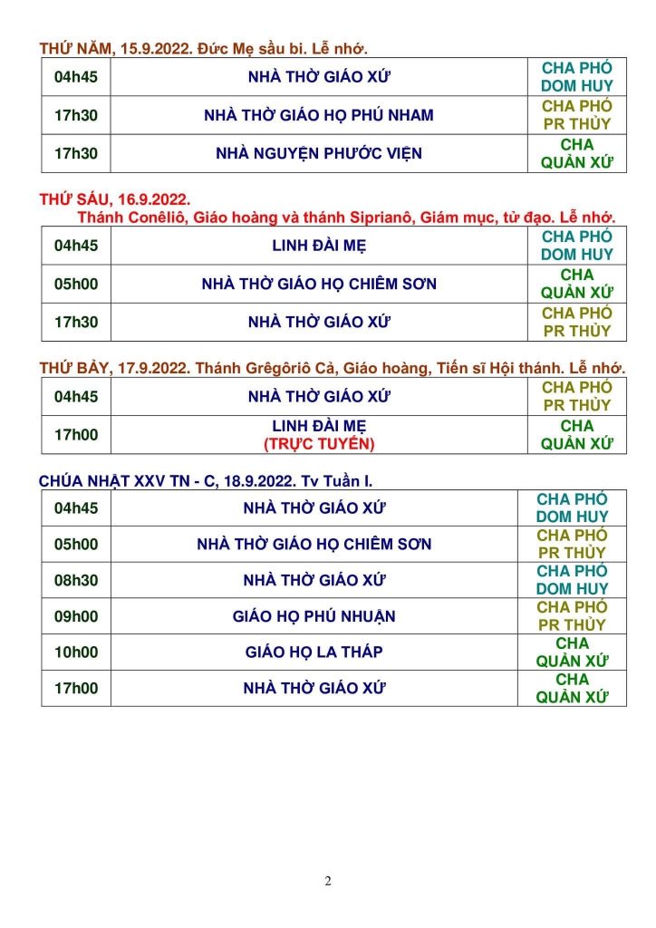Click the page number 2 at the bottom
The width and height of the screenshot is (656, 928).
pyautogui.click(x=328, y=880)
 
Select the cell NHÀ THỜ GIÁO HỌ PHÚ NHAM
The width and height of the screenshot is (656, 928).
pyautogui.click(x=319, y=115)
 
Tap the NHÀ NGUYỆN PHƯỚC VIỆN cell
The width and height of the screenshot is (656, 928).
pyautogui.click(x=319, y=153)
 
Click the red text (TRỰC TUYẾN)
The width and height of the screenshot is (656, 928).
pyautogui.click(x=319, y=444)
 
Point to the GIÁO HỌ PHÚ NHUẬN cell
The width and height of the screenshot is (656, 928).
pyautogui.click(x=314, y=616)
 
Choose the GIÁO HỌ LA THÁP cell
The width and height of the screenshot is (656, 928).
pyautogui.click(x=314, y=652)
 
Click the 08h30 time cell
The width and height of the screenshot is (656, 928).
pyautogui.click(x=76, y=580)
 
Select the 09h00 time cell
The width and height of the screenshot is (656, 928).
pyautogui.click(x=76, y=616)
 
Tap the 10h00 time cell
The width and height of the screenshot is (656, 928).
pyautogui.click(x=76, y=652)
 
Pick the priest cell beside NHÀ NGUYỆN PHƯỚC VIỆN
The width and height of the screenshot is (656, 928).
pyautogui.click(x=576, y=153)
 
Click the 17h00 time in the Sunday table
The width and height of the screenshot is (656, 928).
pyautogui.click(x=76, y=688)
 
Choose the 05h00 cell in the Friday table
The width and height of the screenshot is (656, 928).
pyautogui.click(x=76, y=284)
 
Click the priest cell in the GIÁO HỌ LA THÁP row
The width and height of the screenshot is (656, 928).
pyautogui.click(x=572, y=652)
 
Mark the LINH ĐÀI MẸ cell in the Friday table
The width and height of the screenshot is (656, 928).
pyautogui.click(x=319, y=246)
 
